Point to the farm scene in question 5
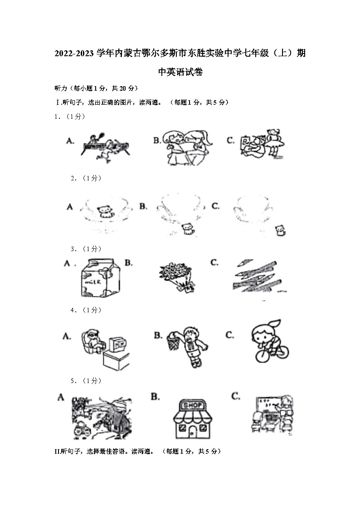[x=101, y=416]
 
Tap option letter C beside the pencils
[x=214, y=262]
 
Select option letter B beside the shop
[x=155, y=397]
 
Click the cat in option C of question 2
[x=282, y=230]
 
